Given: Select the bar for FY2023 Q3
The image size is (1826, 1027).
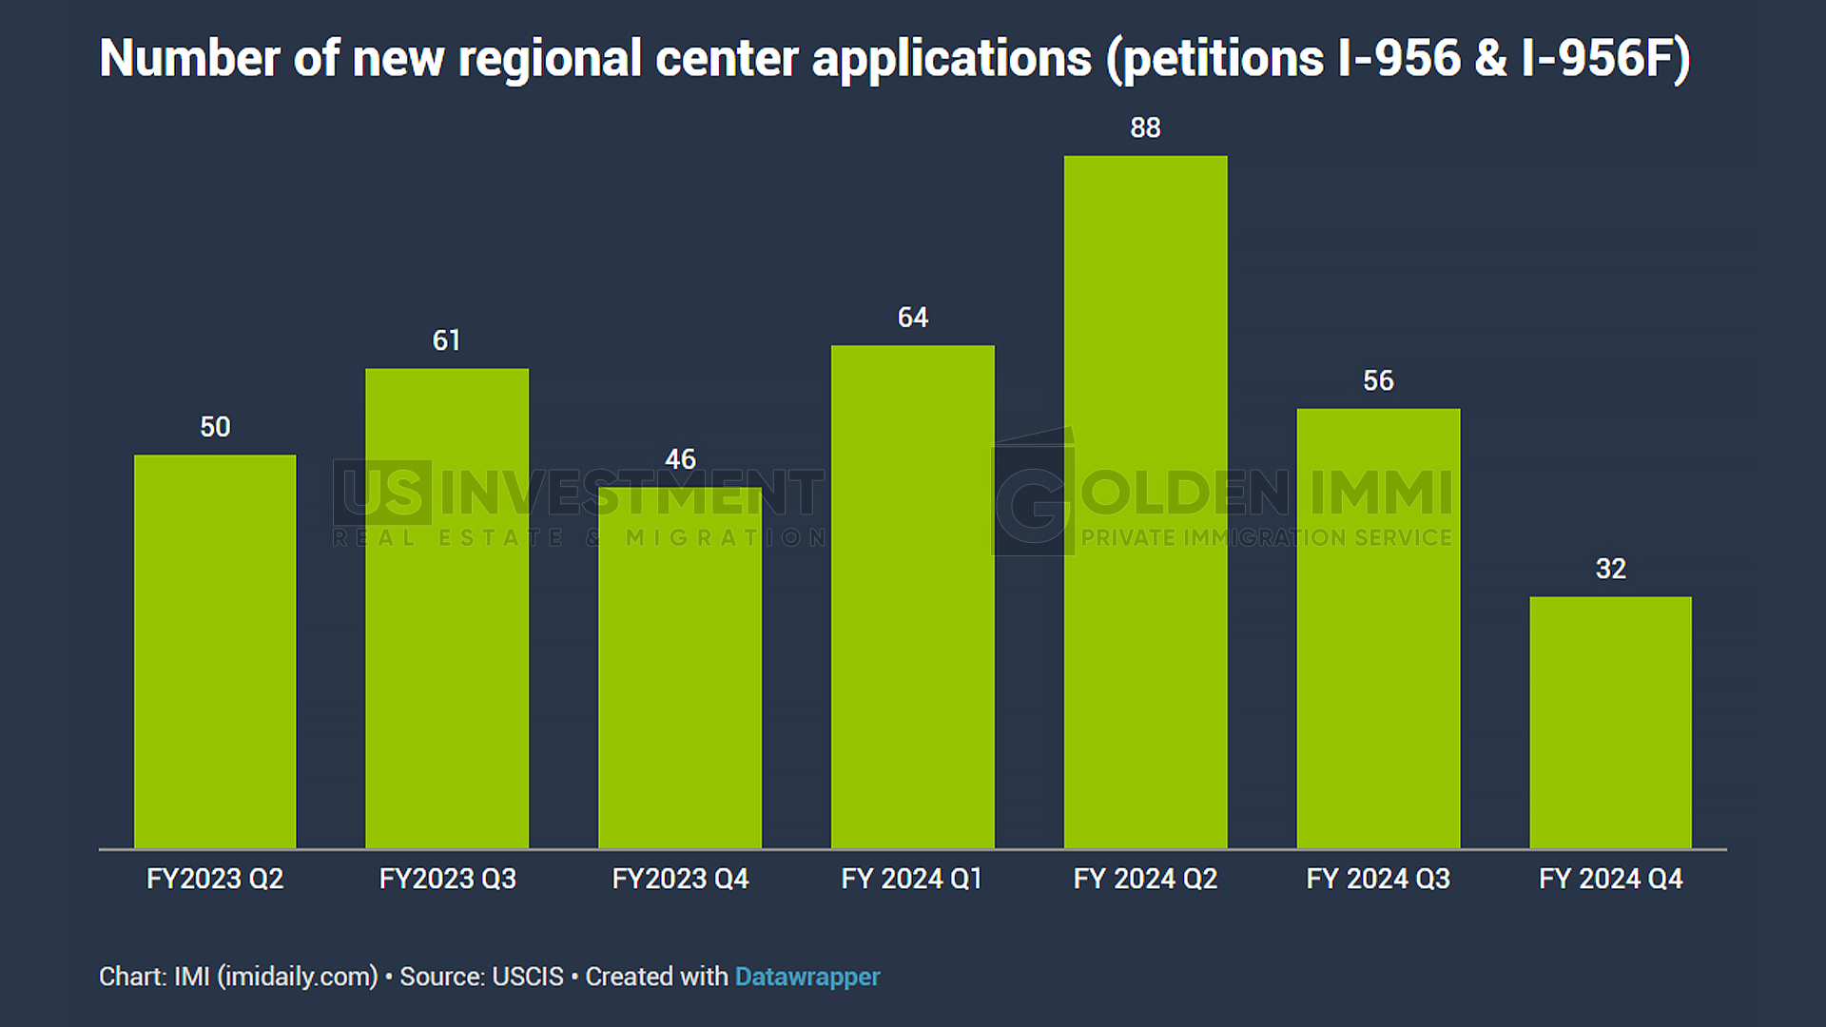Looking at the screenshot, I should (447, 609).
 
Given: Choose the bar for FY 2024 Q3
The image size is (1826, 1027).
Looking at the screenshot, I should (1378, 628).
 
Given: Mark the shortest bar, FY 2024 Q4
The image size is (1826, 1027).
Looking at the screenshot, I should (1610, 723).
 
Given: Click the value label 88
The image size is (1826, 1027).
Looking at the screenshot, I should (1145, 127).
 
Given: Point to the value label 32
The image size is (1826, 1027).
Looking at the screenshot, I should (1610, 569).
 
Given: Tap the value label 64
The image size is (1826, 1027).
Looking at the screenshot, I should (913, 318).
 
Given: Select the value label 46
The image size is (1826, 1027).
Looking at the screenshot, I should (680, 459).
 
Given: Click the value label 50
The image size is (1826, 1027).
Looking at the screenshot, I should (215, 427).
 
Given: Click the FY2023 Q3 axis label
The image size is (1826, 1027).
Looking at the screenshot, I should (447, 879).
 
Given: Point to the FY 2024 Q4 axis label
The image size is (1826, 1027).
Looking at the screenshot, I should (1610, 879).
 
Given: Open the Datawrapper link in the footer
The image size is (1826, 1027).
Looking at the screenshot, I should (807, 977).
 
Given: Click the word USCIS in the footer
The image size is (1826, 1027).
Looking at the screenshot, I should (527, 977).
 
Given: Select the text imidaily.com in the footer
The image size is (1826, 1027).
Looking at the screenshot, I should (298, 977).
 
